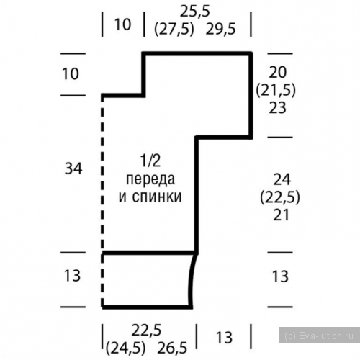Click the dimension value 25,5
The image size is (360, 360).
(x=195, y=12)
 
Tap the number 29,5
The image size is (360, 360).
(x=220, y=29)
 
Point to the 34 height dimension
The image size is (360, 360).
(x=73, y=168)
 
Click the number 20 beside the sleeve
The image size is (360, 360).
(x=278, y=73)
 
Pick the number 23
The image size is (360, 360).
(x=278, y=107)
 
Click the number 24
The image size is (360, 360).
(x=282, y=179)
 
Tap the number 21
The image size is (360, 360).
(x=281, y=215)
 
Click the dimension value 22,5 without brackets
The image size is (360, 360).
(x=146, y=330)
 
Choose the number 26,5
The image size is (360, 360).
(x=172, y=348)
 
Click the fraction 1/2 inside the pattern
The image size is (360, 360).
(x=150, y=161)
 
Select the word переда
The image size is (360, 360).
(x=150, y=179)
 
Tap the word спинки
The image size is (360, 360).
(x=157, y=197)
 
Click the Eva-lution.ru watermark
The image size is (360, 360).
(x=319, y=336)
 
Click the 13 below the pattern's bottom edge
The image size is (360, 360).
(x=224, y=337)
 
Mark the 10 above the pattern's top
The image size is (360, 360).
(x=122, y=24)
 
